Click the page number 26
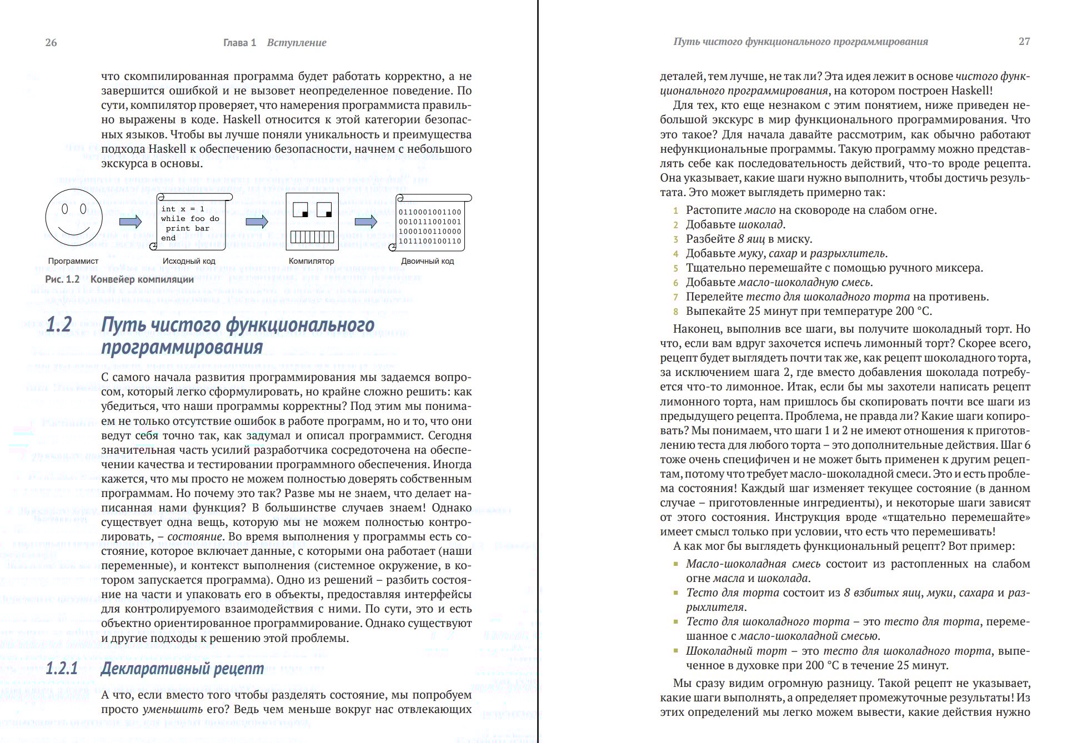click(x=51, y=43)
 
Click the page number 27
click(x=1024, y=42)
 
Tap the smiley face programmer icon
click(x=74, y=217)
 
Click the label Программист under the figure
click(x=73, y=261)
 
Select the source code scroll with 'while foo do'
click(x=191, y=223)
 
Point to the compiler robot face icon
click(x=312, y=222)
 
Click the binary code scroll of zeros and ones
click(x=430, y=224)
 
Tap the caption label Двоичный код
click(x=427, y=261)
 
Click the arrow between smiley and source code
click(x=131, y=222)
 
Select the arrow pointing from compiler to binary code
click(x=366, y=222)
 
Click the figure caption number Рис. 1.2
click(x=62, y=279)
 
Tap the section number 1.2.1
click(x=62, y=668)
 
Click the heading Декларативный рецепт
click(x=182, y=668)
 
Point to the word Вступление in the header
click(x=297, y=43)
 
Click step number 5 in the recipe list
click(x=676, y=269)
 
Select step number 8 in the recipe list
click(x=676, y=312)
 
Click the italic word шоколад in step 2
click(x=760, y=224)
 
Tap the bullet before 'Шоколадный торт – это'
click(x=676, y=651)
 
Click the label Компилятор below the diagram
click(x=311, y=261)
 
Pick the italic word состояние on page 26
click(x=194, y=537)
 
